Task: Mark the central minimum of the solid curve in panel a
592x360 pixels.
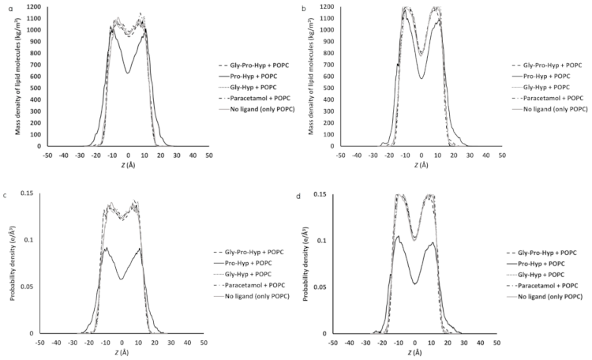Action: tap(128, 73)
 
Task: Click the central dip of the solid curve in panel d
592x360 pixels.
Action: tap(415, 283)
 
